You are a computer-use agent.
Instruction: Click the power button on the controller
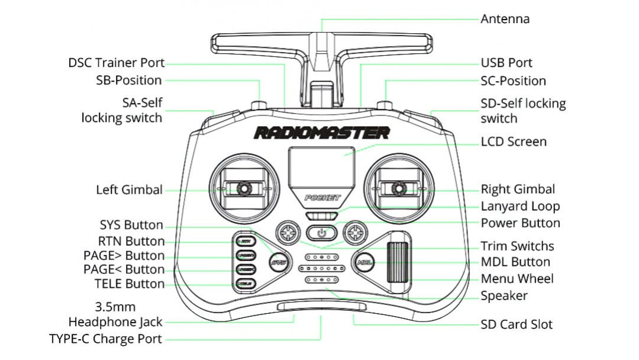321,233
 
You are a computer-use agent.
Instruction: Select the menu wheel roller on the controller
398,262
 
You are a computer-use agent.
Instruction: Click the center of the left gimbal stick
243,189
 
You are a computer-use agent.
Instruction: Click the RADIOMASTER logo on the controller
321,133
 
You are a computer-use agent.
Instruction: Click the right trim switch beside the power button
355,232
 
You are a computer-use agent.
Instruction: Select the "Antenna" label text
505,19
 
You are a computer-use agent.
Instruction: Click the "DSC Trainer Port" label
117,63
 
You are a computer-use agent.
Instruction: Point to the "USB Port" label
506,63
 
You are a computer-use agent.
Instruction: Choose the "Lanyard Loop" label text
520,207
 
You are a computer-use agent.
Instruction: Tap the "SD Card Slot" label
517,324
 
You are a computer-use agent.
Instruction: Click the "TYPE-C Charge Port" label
105,339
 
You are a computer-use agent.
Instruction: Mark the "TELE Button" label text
130,284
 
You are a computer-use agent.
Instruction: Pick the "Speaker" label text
504,295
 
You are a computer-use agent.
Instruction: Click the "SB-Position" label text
129,81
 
